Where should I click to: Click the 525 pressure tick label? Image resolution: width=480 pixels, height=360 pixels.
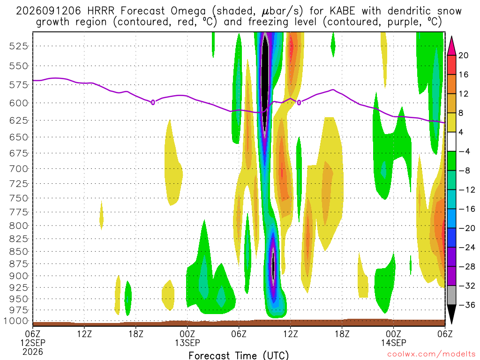point(19,46)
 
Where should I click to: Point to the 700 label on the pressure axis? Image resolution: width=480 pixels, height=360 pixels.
point(19,169)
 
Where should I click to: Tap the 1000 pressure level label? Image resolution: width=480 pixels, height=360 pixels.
point(16,321)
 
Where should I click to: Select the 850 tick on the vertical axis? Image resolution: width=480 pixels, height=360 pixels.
point(19,252)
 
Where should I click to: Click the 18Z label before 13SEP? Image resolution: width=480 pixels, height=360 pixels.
point(136,334)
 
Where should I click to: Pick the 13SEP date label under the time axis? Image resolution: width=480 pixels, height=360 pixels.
point(187,343)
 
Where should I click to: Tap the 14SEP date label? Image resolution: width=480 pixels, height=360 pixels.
point(394,343)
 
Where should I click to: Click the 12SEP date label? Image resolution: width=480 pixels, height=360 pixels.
point(33,343)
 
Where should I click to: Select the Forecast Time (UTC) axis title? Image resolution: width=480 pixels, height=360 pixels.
point(239,355)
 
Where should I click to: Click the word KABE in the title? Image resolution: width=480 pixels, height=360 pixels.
point(342,11)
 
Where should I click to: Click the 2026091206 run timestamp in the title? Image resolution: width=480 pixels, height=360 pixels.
point(48,11)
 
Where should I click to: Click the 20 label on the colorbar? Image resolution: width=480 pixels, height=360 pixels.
point(464,55)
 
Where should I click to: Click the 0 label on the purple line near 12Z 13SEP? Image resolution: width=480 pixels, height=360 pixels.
point(299,103)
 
